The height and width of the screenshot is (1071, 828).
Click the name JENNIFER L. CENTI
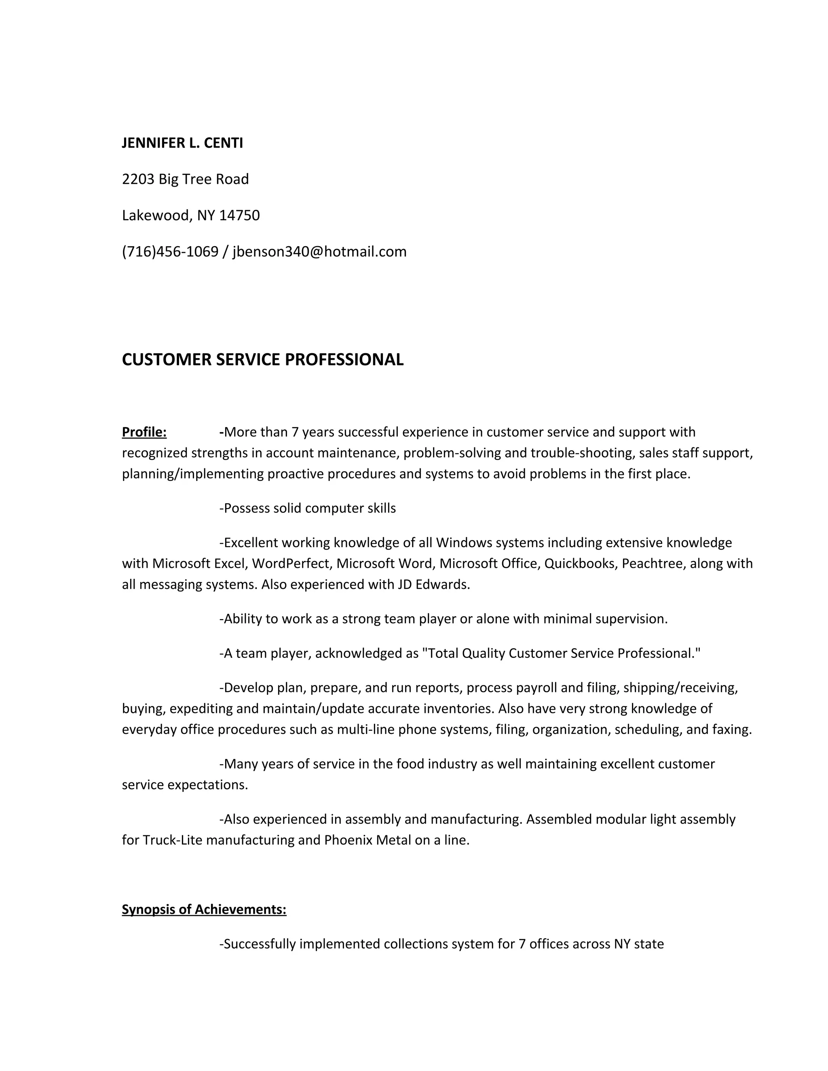[182, 143]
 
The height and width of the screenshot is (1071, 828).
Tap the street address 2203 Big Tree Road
[186, 179]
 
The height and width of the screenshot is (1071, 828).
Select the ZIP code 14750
[239, 215]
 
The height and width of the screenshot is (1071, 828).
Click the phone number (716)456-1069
[170, 251]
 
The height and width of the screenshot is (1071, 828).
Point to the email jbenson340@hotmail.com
[319, 251]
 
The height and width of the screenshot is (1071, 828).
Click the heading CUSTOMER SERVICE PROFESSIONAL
[262, 359]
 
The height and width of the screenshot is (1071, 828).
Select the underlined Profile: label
[144, 432]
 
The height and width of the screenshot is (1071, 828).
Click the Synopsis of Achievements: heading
[204, 910]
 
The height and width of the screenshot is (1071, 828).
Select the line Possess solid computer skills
[308, 508]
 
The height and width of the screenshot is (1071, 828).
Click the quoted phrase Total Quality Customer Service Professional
[561, 653]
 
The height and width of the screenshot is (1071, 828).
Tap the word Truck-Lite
[172, 840]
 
